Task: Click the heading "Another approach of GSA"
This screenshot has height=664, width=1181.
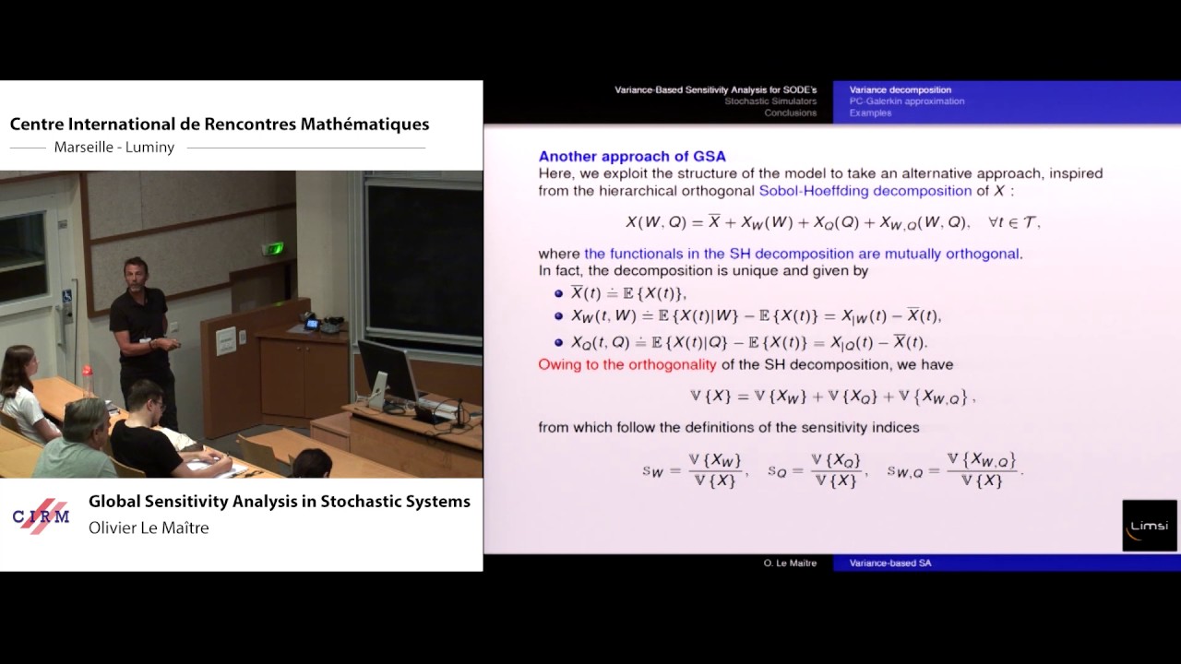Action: pyautogui.click(x=632, y=157)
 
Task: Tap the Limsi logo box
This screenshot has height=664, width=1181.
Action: pyautogui.click(x=1149, y=526)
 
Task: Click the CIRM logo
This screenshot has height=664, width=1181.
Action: pyautogui.click(x=42, y=516)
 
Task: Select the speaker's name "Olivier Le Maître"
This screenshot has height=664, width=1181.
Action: pyautogui.click(x=149, y=528)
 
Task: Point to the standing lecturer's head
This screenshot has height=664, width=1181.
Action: pyautogui.click(x=136, y=273)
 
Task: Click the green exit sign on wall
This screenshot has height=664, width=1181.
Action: pyautogui.click(x=274, y=248)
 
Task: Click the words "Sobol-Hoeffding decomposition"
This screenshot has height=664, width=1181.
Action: pyautogui.click(x=865, y=191)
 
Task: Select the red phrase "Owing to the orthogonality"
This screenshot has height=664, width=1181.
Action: pyautogui.click(x=627, y=364)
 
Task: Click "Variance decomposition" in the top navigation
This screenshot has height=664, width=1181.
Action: pyautogui.click(x=900, y=90)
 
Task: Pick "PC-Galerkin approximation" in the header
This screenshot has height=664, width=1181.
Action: pyautogui.click(x=906, y=101)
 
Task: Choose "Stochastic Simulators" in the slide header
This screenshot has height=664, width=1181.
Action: pyautogui.click(x=769, y=101)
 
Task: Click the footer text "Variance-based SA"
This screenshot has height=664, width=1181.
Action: pyautogui.click(x=889, y=563)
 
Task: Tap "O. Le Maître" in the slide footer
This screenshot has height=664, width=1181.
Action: pyautogui.click(x=790, y=563)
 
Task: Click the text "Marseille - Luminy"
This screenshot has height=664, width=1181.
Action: pyautogui.click(x=114, y=148)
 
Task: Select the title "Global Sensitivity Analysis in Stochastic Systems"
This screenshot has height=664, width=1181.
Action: pyautogui.click(x=280, y=502)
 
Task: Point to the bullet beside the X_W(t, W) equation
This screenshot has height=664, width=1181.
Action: pyautogui.click(x=558, y=316)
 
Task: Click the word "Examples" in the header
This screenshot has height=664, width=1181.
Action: pyautogui.click(x=870, y=113)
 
